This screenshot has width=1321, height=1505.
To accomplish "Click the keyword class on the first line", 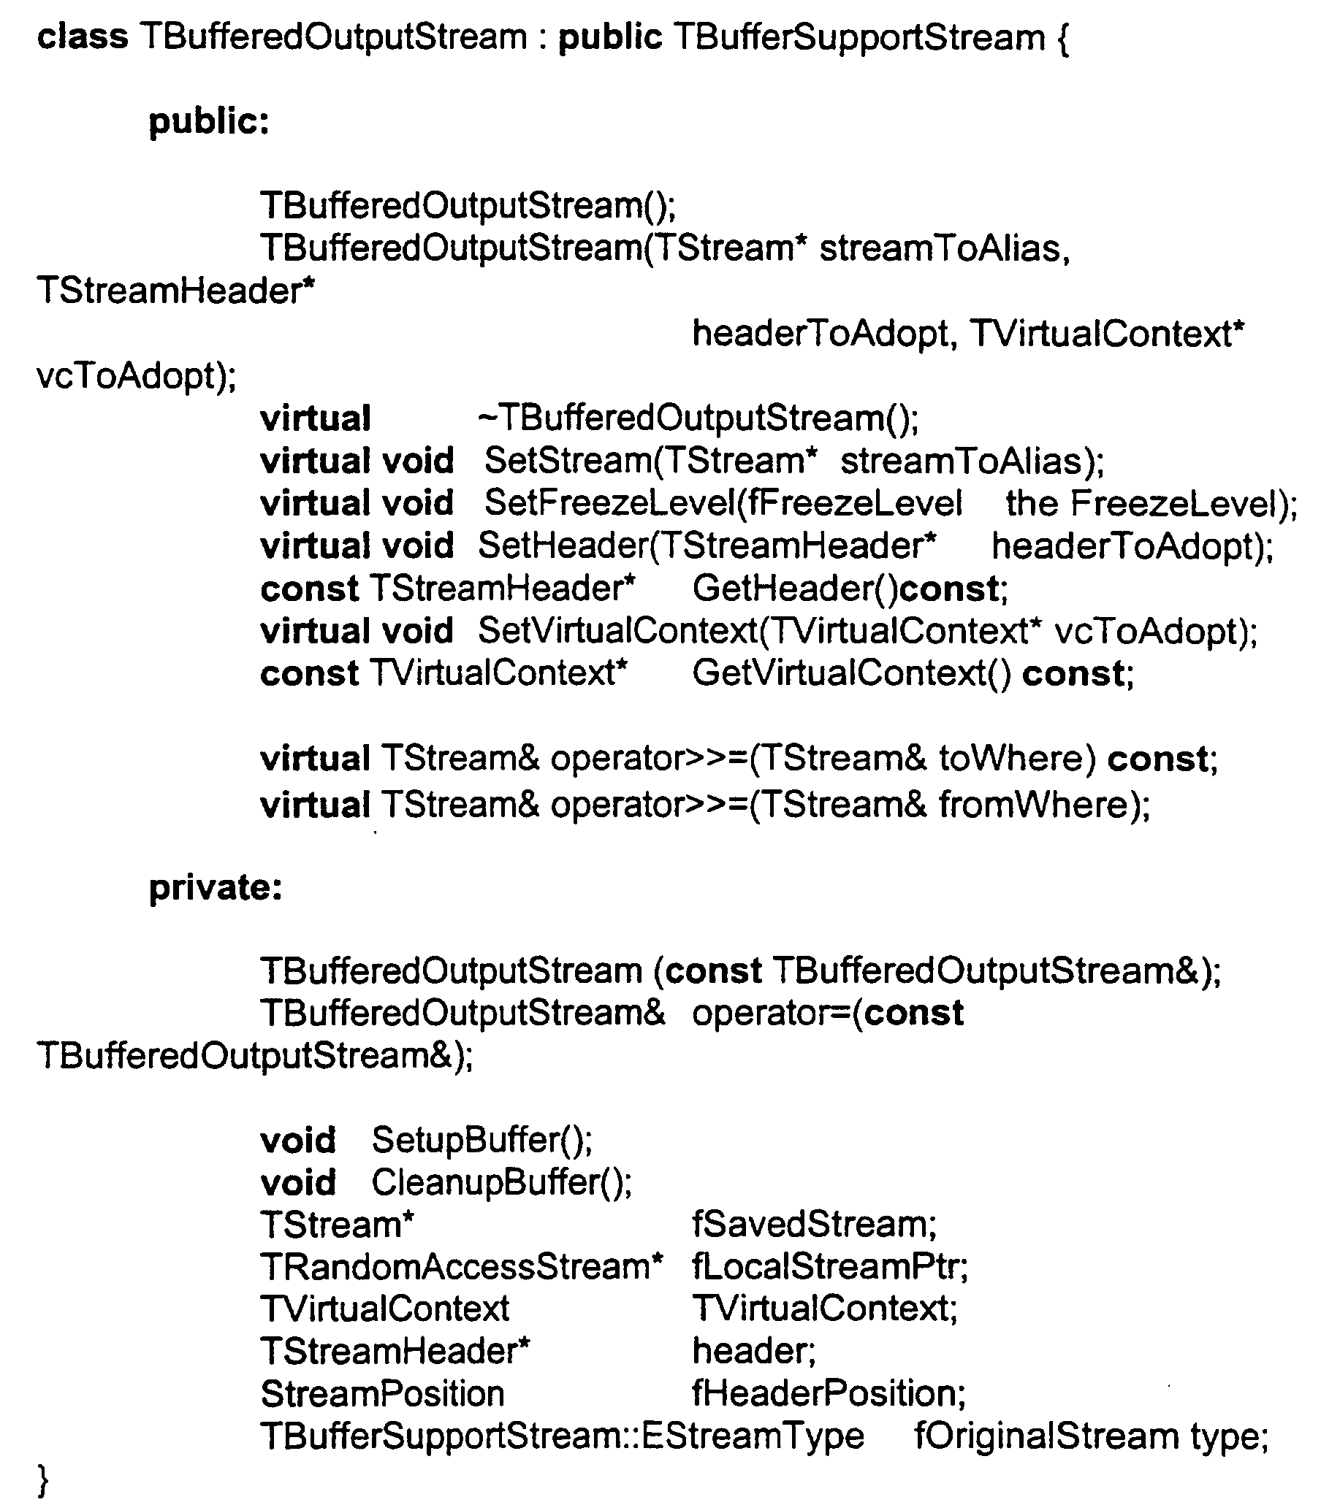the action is pos(82,36).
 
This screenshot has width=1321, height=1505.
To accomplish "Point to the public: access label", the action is pos(209,122).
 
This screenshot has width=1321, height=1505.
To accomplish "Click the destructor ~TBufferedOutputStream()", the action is pos(698,419).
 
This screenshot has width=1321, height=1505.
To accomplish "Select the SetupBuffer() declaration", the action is pos(481,1141).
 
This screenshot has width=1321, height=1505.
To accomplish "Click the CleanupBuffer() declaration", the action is pos(501,1183).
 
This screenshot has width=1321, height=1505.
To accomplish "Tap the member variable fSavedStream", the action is pos(808,1225).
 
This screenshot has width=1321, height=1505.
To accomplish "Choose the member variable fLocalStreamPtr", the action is pos(824,1267).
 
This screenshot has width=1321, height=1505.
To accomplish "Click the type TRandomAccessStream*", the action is pos(461,1267).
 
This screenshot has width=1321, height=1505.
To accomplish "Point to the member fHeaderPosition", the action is pos(822,1394).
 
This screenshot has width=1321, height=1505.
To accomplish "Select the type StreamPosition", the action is pos(382,1395).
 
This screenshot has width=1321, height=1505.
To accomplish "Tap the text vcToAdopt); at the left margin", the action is pos(137,376).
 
